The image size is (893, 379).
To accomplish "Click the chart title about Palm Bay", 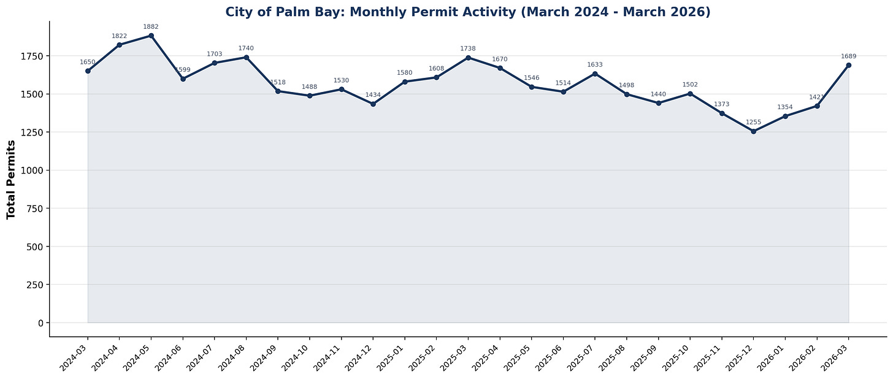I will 467,12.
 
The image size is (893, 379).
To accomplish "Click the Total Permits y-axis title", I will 11,179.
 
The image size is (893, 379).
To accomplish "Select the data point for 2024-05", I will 151,36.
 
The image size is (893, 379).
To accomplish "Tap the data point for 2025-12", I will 753,131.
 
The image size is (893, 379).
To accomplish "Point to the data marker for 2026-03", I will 848,65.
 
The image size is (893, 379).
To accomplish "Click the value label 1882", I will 151,27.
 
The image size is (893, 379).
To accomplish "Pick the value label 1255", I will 753,123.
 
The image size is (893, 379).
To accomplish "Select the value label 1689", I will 848,56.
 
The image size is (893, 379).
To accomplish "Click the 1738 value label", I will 468,48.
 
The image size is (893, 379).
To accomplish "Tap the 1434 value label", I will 373,95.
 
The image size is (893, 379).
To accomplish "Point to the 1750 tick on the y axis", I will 31,56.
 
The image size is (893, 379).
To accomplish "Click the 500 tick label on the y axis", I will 34,247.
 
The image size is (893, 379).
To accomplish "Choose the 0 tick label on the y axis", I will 39,323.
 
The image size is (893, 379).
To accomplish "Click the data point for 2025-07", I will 595,74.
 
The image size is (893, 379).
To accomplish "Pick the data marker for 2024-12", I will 373,104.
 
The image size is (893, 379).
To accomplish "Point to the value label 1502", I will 690,85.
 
